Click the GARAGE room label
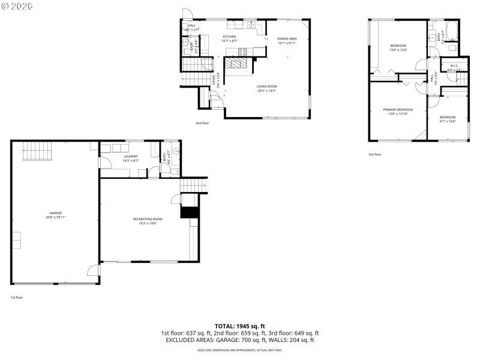[55, 213]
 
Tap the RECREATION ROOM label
[148, 219]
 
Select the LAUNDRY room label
[114, 157]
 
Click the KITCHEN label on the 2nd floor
[229, 37]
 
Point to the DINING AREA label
[287, 38]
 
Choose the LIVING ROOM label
[267, 86]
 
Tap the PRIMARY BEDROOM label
[398, 109]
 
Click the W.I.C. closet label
[454, 65]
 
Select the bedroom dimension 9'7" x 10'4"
[448, 121]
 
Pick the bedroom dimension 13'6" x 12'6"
[398, 50]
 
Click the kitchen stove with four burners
[260, 51]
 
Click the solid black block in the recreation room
[189, 212]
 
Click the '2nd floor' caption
[202, 123]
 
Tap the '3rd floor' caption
[375, 155]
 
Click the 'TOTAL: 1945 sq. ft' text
[239, 326]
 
